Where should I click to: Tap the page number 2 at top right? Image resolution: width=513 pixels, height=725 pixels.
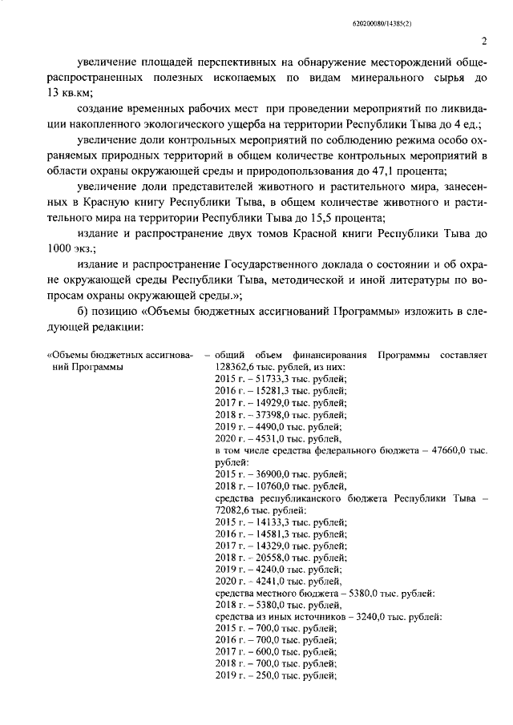pyautogui.click(x=484, y=42)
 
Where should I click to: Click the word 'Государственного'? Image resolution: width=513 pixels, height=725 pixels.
pyautogui.click(x=255, y=265)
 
